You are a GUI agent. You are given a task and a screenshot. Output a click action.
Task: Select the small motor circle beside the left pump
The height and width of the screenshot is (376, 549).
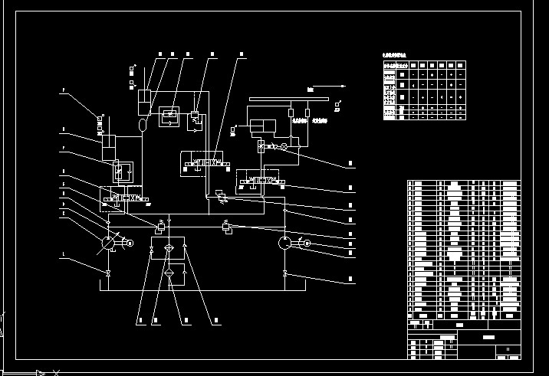[129, 244]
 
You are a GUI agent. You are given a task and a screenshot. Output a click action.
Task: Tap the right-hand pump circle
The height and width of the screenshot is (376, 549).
[284, 243]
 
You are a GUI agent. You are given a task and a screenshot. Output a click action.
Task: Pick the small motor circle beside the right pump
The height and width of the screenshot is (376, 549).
[306, 244]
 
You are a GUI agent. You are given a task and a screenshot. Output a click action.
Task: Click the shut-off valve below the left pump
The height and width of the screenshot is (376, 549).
[108, 272]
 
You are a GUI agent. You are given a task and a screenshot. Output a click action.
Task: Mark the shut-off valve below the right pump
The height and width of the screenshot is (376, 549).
[284, 273]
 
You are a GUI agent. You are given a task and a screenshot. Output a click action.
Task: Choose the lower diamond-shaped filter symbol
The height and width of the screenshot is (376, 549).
[169, 274]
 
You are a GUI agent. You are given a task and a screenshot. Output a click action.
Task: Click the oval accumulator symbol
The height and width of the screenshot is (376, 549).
[143, 123]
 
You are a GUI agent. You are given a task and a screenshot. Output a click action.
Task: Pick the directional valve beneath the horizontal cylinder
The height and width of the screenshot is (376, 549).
[261, 181]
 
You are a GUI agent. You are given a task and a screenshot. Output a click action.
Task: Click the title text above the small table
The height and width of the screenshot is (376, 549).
[396, 55]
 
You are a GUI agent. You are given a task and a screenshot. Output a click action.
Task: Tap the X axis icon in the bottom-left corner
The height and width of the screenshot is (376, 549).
[54, 373]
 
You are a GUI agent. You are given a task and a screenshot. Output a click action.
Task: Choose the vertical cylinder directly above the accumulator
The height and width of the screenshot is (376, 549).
[143, 98]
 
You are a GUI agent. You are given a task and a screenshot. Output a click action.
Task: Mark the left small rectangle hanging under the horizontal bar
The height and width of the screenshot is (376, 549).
[291, 113]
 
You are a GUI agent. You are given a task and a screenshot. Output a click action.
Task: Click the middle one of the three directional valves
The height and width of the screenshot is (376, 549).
[202, 164]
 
